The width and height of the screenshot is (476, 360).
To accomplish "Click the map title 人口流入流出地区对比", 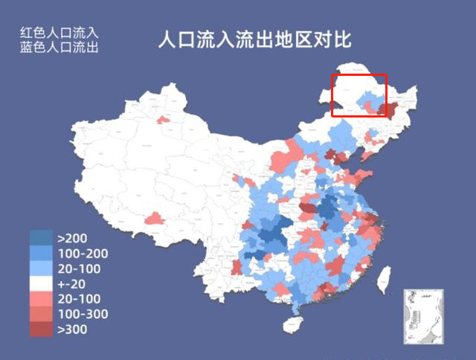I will (254, 40).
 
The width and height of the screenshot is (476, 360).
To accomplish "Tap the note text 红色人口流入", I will (59, 33).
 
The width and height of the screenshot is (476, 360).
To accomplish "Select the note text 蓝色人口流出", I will (59, 47).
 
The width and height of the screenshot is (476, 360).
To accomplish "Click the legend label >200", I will (72, 239).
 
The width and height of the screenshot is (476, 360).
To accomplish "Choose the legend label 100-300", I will (83, 314).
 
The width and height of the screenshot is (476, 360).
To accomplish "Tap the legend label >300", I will (72, 329).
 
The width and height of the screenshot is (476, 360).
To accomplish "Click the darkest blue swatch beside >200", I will (41, 239).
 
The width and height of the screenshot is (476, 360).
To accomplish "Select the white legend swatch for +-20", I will (41, 284).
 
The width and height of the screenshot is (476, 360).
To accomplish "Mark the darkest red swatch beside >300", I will (41, 329).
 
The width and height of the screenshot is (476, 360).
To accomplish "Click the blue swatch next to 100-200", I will (41, 254).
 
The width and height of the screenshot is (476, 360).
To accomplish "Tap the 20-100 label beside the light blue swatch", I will (79, 269).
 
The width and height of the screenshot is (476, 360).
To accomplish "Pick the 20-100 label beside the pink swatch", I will (79, 299).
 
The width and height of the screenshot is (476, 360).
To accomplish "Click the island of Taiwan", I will (385, 280).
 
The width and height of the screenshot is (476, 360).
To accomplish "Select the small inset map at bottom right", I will (422, 316).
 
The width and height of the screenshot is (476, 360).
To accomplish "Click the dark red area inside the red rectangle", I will (384, 109).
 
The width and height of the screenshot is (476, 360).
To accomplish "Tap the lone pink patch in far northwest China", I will (162, 118).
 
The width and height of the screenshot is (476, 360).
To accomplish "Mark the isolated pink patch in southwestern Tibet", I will (154, 219).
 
